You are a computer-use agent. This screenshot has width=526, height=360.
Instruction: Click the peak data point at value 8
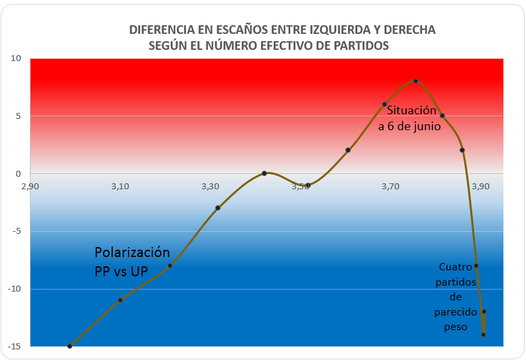[416, 81]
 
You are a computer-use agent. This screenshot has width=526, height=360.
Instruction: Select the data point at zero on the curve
[264, 173]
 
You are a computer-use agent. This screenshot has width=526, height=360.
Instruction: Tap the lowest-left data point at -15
[70, 346]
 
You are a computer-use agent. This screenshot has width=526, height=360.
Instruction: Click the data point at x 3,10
[120, 300]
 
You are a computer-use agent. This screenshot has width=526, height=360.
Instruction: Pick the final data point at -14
[483, 335]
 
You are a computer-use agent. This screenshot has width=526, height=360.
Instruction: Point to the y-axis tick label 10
[16, 58]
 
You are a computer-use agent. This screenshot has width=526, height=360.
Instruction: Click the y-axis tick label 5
[18, 116]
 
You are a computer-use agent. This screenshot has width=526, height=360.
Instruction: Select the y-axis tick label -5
[17, 231]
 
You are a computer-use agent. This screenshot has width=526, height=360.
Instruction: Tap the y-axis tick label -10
[15, 289]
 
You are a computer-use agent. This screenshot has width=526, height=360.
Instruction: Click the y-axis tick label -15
[15, 347]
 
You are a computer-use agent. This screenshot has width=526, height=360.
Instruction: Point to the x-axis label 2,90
[30, 186]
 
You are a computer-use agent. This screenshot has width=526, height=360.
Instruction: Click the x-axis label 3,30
[211, 186]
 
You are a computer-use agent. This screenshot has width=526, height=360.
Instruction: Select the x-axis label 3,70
[391, 186]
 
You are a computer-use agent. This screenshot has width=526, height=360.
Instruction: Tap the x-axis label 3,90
[480, 186]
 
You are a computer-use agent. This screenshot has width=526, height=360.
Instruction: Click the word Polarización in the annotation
[132, 252]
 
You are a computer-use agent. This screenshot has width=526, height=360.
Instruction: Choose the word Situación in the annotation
[412, 110]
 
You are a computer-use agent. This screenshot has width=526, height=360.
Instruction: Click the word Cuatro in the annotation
[456, 267]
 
